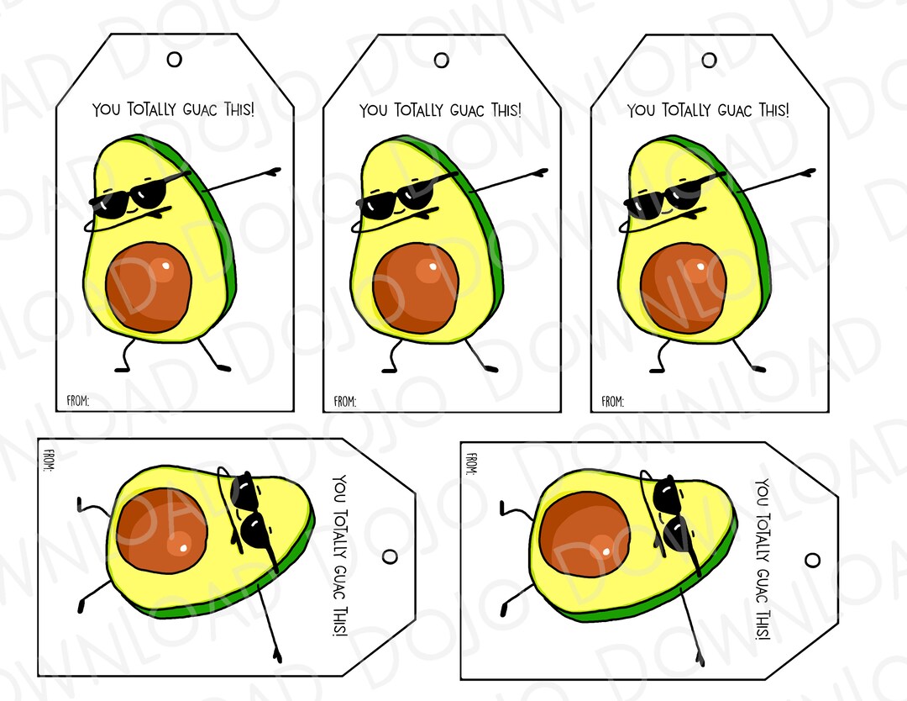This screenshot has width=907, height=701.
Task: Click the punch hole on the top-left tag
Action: (x=175, y=59)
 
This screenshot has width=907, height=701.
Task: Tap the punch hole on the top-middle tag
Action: (x=442, y=60)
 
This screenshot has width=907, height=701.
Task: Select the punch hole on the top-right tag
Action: (x=710, y=60)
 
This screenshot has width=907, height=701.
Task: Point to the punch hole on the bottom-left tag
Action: (x=390, y=556)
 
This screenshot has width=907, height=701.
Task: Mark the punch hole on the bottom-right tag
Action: (x=812, y=560)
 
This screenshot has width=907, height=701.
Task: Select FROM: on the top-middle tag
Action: (x=344, y=402)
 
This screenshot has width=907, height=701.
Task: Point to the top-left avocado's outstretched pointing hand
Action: (x=274, y=171)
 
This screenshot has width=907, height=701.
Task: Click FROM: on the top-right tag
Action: (x=612, y=402)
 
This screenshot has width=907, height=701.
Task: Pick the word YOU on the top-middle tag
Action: (x=374, y=111)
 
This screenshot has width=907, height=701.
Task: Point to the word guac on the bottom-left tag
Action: (x=340, y=576)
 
